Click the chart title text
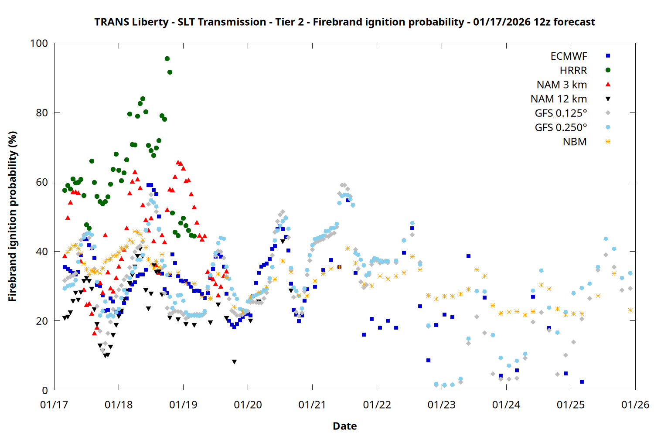coord(344,22)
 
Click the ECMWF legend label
coord(569,56)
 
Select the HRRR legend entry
coord(573,71)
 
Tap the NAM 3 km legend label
coord(562,85)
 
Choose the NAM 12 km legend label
coord(559,99)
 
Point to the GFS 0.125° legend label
coord(561,113)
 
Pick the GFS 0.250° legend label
coord(561,128)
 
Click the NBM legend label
coord(575,142)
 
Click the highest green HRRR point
coord(167,58)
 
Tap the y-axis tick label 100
coord(39,43)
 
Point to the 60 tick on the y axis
coord(42,182)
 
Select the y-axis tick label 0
coord(45,390)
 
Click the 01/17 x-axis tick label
coord(54,405)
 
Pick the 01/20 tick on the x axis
coord(248,405)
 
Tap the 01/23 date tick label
coord(442,405)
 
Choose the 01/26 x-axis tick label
coord(635,405)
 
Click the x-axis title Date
coord(344,426)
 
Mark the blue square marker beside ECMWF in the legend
coord(608,56)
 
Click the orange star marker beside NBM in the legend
coord(608,142)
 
